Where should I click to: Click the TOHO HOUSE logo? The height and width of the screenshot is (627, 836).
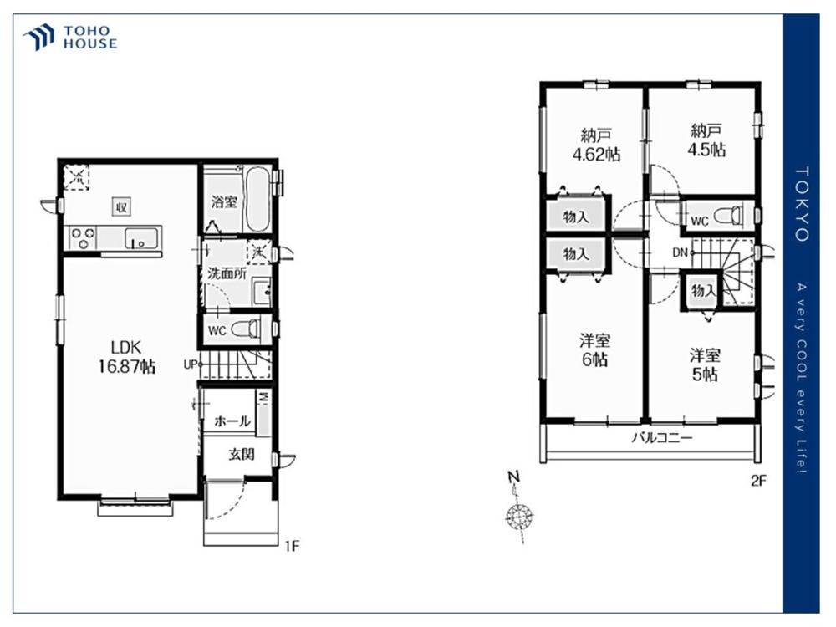click(70, 38)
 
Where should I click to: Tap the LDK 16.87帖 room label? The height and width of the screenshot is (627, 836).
click(126, 357)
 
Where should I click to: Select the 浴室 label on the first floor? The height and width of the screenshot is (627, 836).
click(224, 201)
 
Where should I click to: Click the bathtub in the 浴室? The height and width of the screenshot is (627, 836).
click(257, 200)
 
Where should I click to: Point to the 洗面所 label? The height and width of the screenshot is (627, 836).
click(227, 273)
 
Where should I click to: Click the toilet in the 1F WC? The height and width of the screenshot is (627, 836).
click(246, 329)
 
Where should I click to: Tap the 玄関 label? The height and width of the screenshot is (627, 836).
click(242, 454)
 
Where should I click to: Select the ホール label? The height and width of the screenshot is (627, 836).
click(232, 421)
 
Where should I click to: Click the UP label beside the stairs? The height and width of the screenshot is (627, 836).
click(191, 365)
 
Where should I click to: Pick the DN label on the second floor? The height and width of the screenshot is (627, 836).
click(680, 252)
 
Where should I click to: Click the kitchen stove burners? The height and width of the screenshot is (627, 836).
click(82, 237)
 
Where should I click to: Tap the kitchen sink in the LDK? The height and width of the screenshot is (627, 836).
click(142, 237)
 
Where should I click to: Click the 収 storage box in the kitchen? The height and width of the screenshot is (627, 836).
click(121, 206)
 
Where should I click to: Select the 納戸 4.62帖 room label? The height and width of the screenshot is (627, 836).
click(596, 145)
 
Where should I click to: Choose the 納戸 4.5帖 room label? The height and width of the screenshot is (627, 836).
click(706, 140)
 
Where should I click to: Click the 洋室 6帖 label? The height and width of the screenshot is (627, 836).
click(594, 349)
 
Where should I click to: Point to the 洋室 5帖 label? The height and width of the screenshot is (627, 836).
click(705, 364)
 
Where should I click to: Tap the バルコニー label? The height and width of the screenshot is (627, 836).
click(662, 438)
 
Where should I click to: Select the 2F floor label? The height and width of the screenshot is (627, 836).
click(758, 481)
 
